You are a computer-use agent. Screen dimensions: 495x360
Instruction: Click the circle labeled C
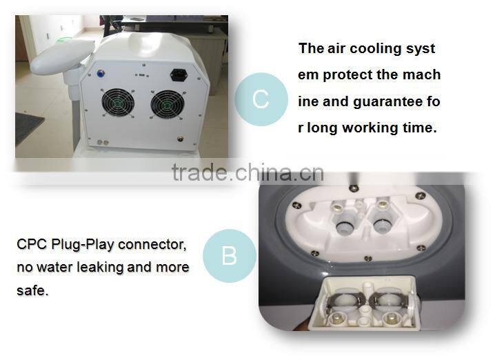coord(261,99)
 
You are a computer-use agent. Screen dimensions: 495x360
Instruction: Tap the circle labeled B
coord(229,255)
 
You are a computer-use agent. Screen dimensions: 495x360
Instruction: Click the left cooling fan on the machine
coord(118,103)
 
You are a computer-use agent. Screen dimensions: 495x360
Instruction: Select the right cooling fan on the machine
coord(168,104)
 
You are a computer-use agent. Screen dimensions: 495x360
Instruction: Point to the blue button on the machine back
coord(101,74)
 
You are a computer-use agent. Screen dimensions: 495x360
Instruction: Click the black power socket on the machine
coord(179,75)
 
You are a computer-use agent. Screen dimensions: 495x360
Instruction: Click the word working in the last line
coord(370,128)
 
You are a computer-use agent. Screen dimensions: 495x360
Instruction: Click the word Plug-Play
coord(83,245)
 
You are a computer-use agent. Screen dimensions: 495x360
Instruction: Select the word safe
coord(32,290)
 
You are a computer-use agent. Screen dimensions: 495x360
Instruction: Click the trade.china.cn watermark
coord(247,172)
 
